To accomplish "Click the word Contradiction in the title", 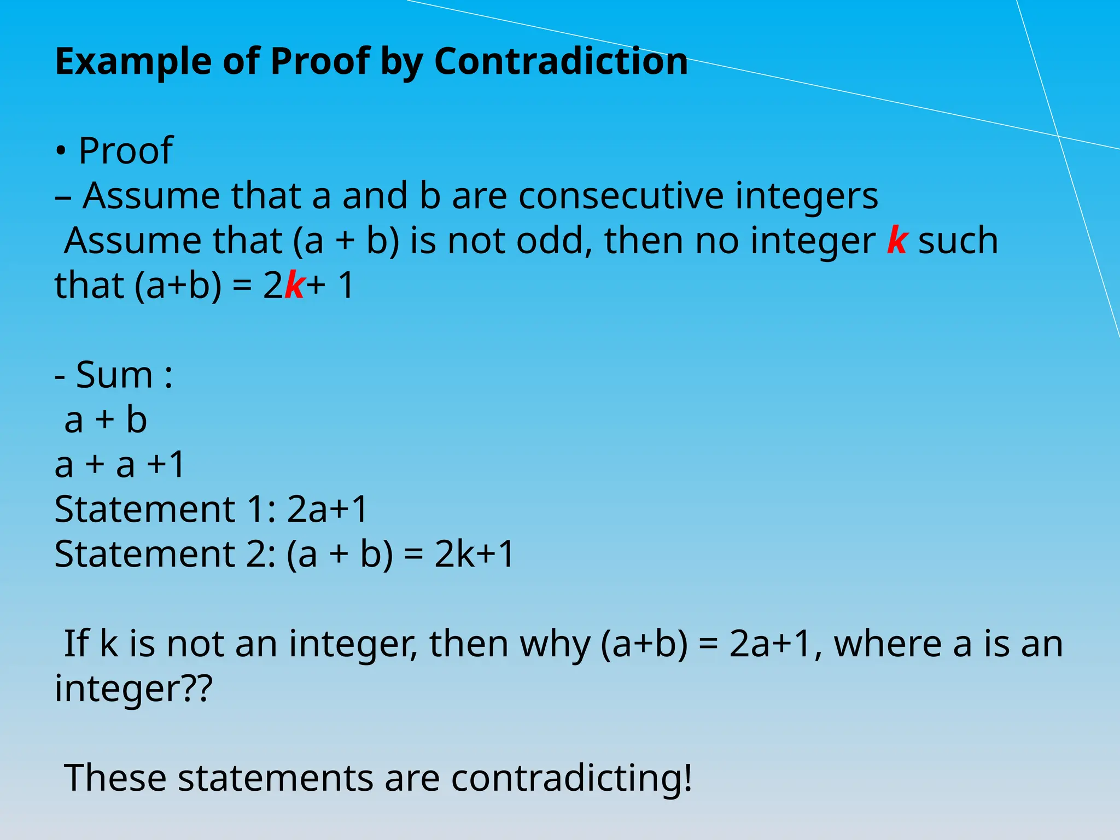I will [561, 61].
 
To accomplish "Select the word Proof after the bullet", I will [126, 150].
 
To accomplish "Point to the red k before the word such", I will [897, 240].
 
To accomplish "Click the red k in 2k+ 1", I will [294, 285].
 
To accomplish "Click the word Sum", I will [114, 375].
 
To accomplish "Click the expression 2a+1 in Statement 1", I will [327, 509].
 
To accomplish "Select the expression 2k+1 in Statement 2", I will [474, 554].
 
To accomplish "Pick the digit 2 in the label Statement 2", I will [257, 554].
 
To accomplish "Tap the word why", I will [555, 644].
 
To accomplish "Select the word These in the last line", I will [115, 777].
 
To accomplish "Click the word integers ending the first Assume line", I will [806, 196].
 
